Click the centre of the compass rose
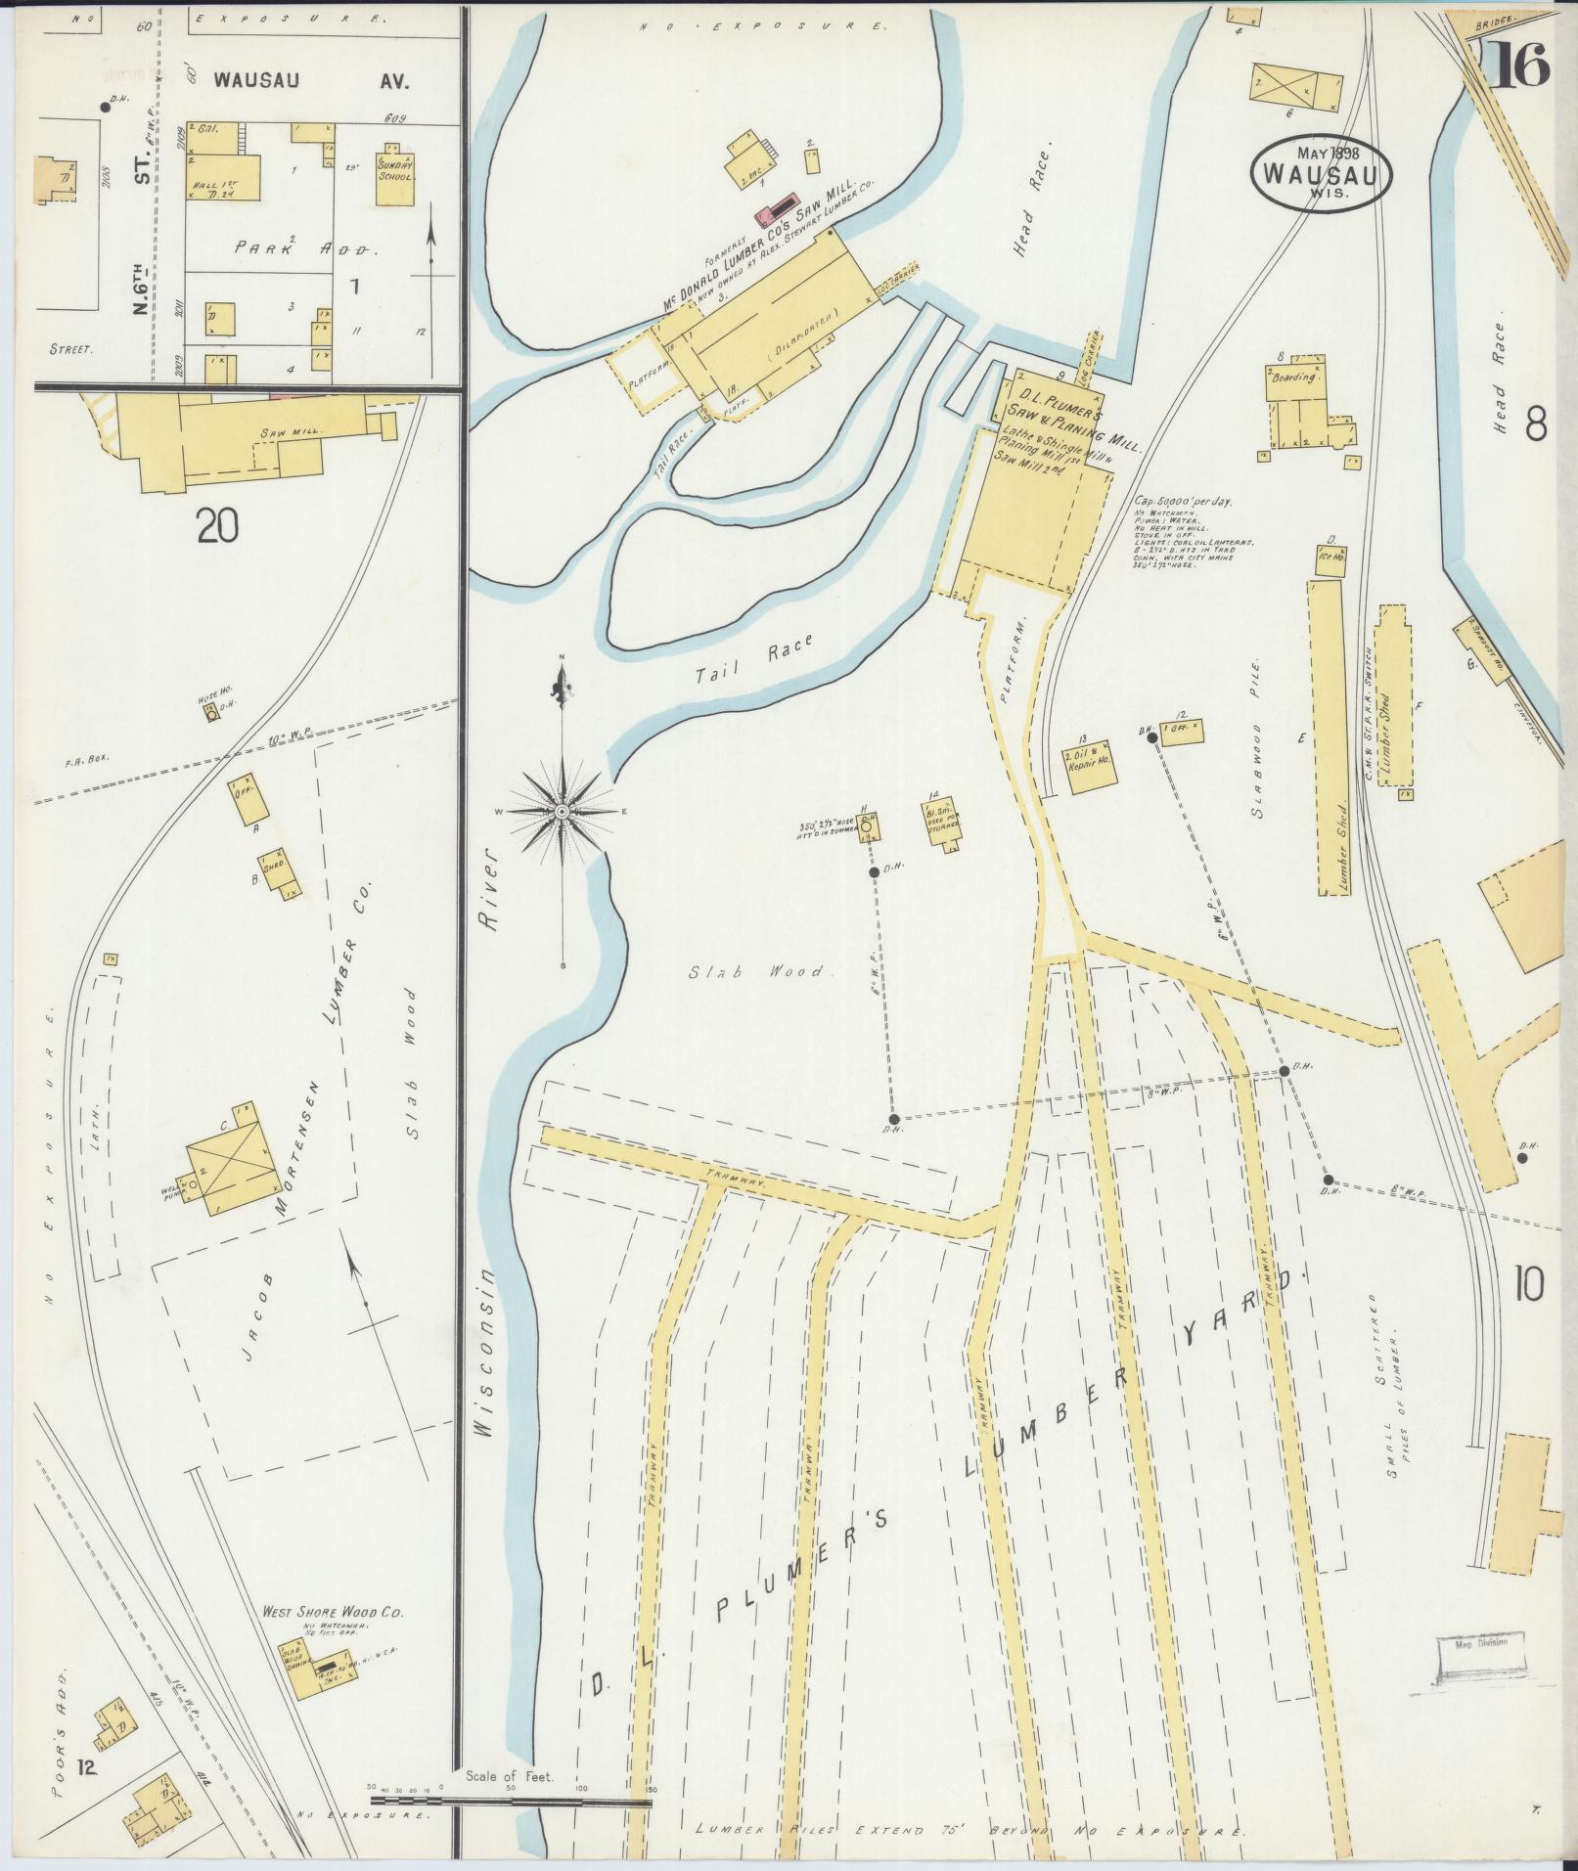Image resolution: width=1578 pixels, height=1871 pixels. tap(563, 812)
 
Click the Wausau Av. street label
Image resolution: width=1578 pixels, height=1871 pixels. tap(311, 81)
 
